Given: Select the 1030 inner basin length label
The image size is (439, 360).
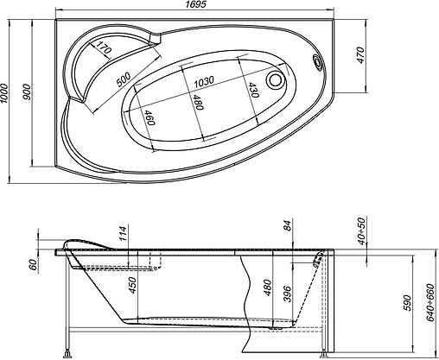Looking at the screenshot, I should tap(204, 80).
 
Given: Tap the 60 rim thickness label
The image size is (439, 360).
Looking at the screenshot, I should tap(32, 266).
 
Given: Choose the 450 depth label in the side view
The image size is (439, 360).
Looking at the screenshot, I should tap(132, 286).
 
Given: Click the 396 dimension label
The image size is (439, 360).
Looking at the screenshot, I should tap(289, 295).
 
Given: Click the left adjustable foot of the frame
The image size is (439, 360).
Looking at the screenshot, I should tap(69, 352).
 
